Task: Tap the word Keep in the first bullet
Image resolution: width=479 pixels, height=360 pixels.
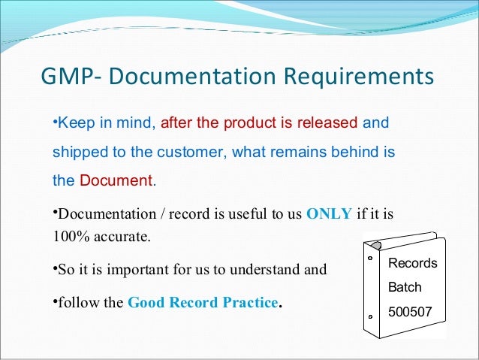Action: click(x=73, y=122)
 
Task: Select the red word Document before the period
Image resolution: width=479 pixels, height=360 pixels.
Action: click(x=116, y=180)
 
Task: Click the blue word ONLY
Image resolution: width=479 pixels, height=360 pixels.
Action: click(x=330, y=213)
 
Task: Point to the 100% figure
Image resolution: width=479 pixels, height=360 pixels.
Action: click(x=69, y=237)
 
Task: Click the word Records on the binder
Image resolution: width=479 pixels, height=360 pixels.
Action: click(x=412, y=264)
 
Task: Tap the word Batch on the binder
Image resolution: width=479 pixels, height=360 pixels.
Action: click(x=405, y=287)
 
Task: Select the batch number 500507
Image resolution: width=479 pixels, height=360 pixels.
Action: click(x=410, y=311)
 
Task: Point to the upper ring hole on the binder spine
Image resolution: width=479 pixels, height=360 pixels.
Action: click(x=370, y=258)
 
